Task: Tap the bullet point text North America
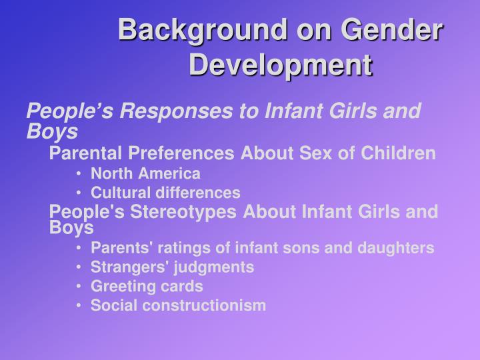(145, 174)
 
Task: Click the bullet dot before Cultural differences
(80, 193)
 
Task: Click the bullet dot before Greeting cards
(80, 287)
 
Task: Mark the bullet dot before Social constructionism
(80, 306)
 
